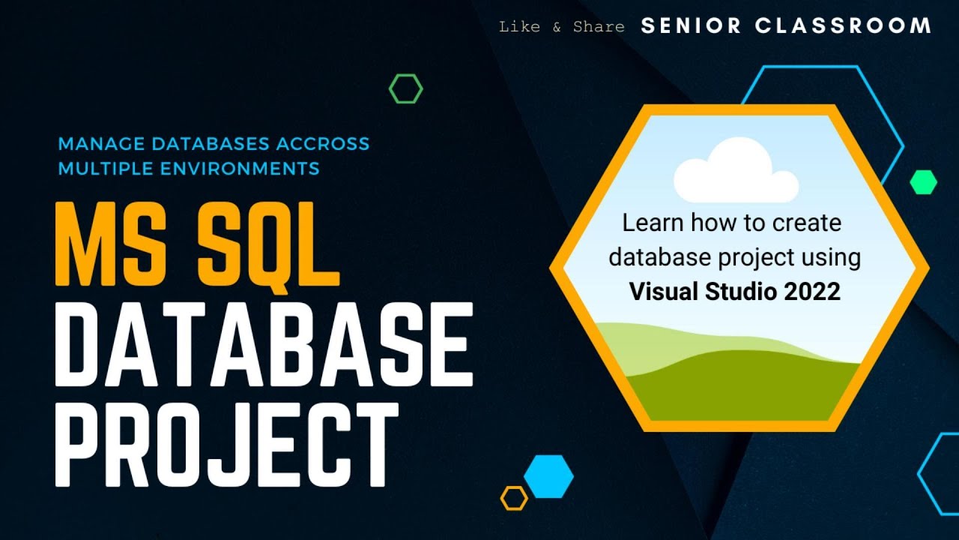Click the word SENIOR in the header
click(x=691, y=26)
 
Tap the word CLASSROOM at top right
click(x=843, y=26)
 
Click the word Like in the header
click(x=519, y=27)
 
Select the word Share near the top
click(x=599, y=27)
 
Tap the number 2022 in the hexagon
click(x=813, y=292)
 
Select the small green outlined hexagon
click(x=405, y=89)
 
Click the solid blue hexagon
click(x=548, y=476)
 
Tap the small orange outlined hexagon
click(x=514, y=498)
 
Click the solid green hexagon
click(x=923, y=182)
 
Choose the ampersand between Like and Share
click(x=557, y=28)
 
